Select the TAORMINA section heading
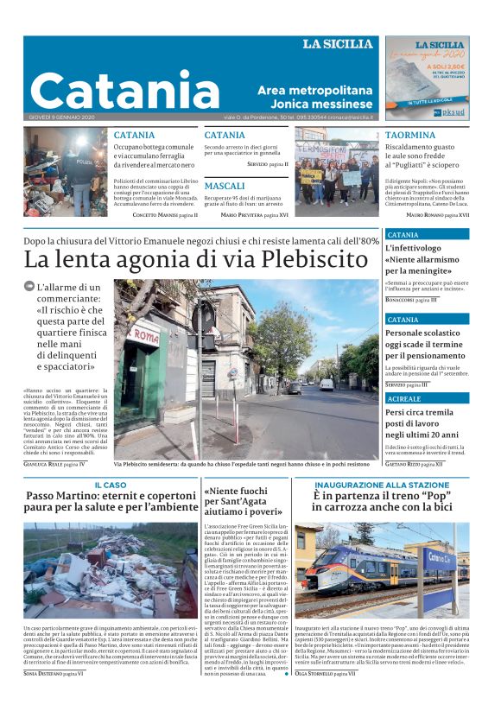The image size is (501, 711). click(409, 136)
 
